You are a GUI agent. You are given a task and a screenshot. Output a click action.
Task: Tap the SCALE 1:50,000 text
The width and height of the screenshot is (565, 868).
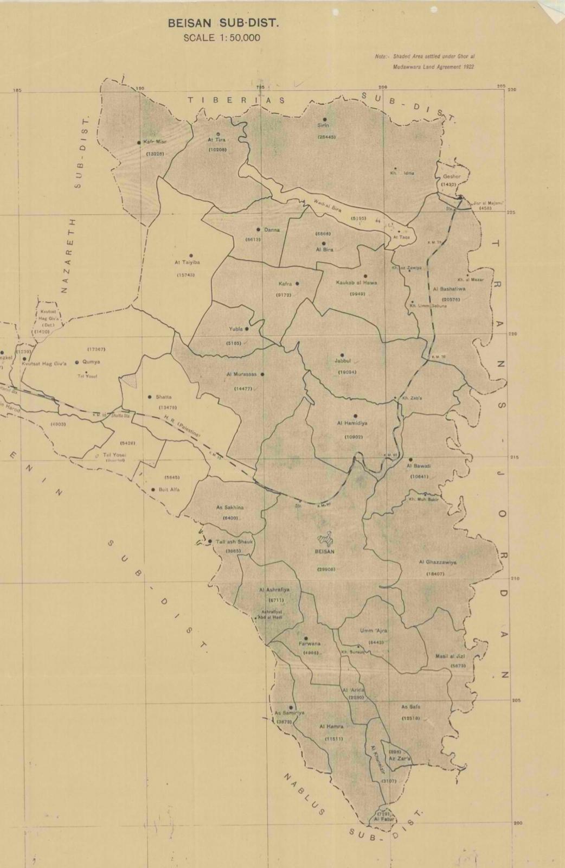click(222, 38)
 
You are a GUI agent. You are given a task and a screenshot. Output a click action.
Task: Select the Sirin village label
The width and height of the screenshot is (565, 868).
click(323, 126)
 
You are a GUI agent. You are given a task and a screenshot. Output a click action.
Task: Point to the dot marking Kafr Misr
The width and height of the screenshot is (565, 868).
click(139, 143)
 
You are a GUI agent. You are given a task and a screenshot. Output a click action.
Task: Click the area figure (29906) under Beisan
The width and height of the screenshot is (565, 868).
click(326, 569)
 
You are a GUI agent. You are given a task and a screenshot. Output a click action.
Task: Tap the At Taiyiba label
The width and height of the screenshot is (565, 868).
click(187, 262)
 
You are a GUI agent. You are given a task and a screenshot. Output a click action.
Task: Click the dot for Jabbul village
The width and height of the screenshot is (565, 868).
click(342, 355)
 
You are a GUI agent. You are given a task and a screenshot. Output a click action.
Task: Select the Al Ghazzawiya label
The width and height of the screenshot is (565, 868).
click(437, 563)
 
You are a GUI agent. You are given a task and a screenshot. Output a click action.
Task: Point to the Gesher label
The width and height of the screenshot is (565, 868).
click(451, 177)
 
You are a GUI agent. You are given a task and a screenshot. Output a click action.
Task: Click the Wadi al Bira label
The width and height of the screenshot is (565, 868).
click(327, 207)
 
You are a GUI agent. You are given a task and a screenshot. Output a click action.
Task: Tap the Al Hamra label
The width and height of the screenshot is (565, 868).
click(331, 726)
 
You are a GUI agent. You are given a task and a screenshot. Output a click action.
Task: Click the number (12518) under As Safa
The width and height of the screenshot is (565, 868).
click(410, 718)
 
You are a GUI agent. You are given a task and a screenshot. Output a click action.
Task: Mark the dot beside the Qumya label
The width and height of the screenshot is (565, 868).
click(77, 362)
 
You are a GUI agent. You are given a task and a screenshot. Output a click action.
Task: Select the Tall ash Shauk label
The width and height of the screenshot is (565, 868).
click(235, 542)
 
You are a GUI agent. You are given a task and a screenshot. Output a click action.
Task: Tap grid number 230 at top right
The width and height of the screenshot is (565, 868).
click(512, 90)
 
